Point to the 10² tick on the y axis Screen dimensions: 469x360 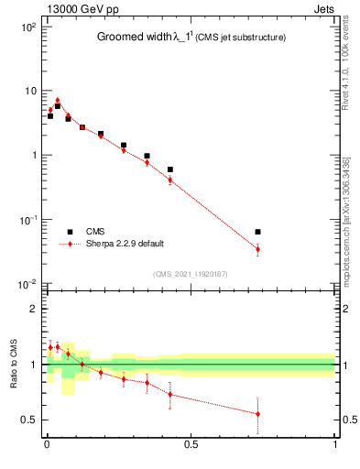coord(26,27)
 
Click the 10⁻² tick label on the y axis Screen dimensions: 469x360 coord(26,284)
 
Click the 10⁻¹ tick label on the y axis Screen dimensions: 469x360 coord(26,220)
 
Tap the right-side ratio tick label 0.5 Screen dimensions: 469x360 coord(349,420)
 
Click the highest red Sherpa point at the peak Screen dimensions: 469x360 coord(57,100)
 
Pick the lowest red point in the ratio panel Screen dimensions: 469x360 coord(257,414)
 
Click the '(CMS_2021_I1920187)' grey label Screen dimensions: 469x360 coord(190,273)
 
